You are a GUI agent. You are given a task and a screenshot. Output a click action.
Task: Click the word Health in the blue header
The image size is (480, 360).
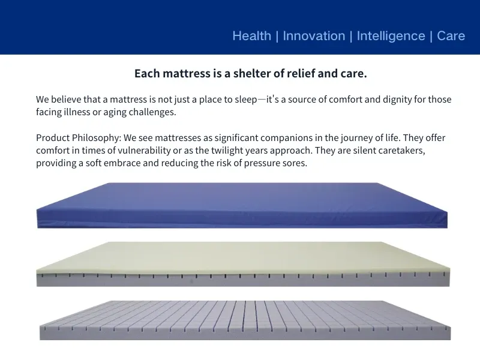251,36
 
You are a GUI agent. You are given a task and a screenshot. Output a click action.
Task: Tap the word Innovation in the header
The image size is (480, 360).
314,36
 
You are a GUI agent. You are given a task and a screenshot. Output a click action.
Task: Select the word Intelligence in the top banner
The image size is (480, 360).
391,36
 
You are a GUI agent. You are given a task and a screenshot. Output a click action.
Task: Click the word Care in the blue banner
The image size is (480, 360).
451,36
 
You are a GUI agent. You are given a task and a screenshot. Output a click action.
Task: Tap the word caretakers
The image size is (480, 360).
401,151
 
